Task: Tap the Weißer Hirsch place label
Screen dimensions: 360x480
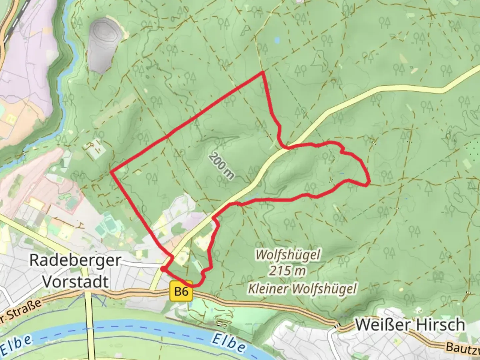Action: click(410, 325)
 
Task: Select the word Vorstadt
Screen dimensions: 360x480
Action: click(76, 282)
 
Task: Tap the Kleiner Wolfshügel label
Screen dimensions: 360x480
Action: click(302, 288)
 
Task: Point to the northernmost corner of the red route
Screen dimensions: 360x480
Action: click(263, 72)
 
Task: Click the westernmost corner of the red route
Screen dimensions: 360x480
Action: click(111, 172)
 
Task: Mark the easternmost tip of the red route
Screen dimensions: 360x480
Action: click(369, 182)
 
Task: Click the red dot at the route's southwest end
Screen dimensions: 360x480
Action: click(163, 268)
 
